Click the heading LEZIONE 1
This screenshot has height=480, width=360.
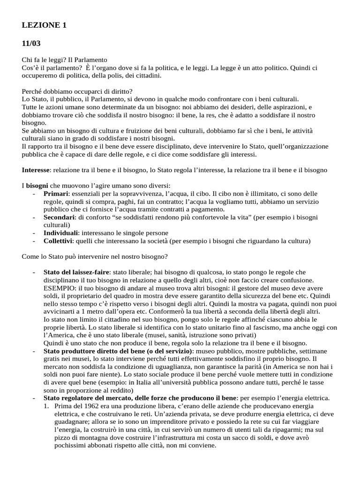tap(44, 26)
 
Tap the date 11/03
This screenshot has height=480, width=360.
tap(31, 44)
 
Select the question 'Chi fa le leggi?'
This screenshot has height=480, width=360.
tap(43, 60)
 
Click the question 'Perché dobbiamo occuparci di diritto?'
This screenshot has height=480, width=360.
tap(77, 91)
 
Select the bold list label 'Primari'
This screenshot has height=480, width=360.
tap(56, 193)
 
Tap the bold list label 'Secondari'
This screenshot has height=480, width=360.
tap(59, 217)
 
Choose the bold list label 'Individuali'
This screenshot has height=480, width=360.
tap(61, 233)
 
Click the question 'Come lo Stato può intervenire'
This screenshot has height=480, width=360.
tap(70, 256)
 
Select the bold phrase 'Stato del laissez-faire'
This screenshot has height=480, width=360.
tap(77, 272)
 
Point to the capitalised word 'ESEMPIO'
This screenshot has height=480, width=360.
tap(58, 288)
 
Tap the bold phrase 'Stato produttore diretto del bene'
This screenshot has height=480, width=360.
tap(102, 351)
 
